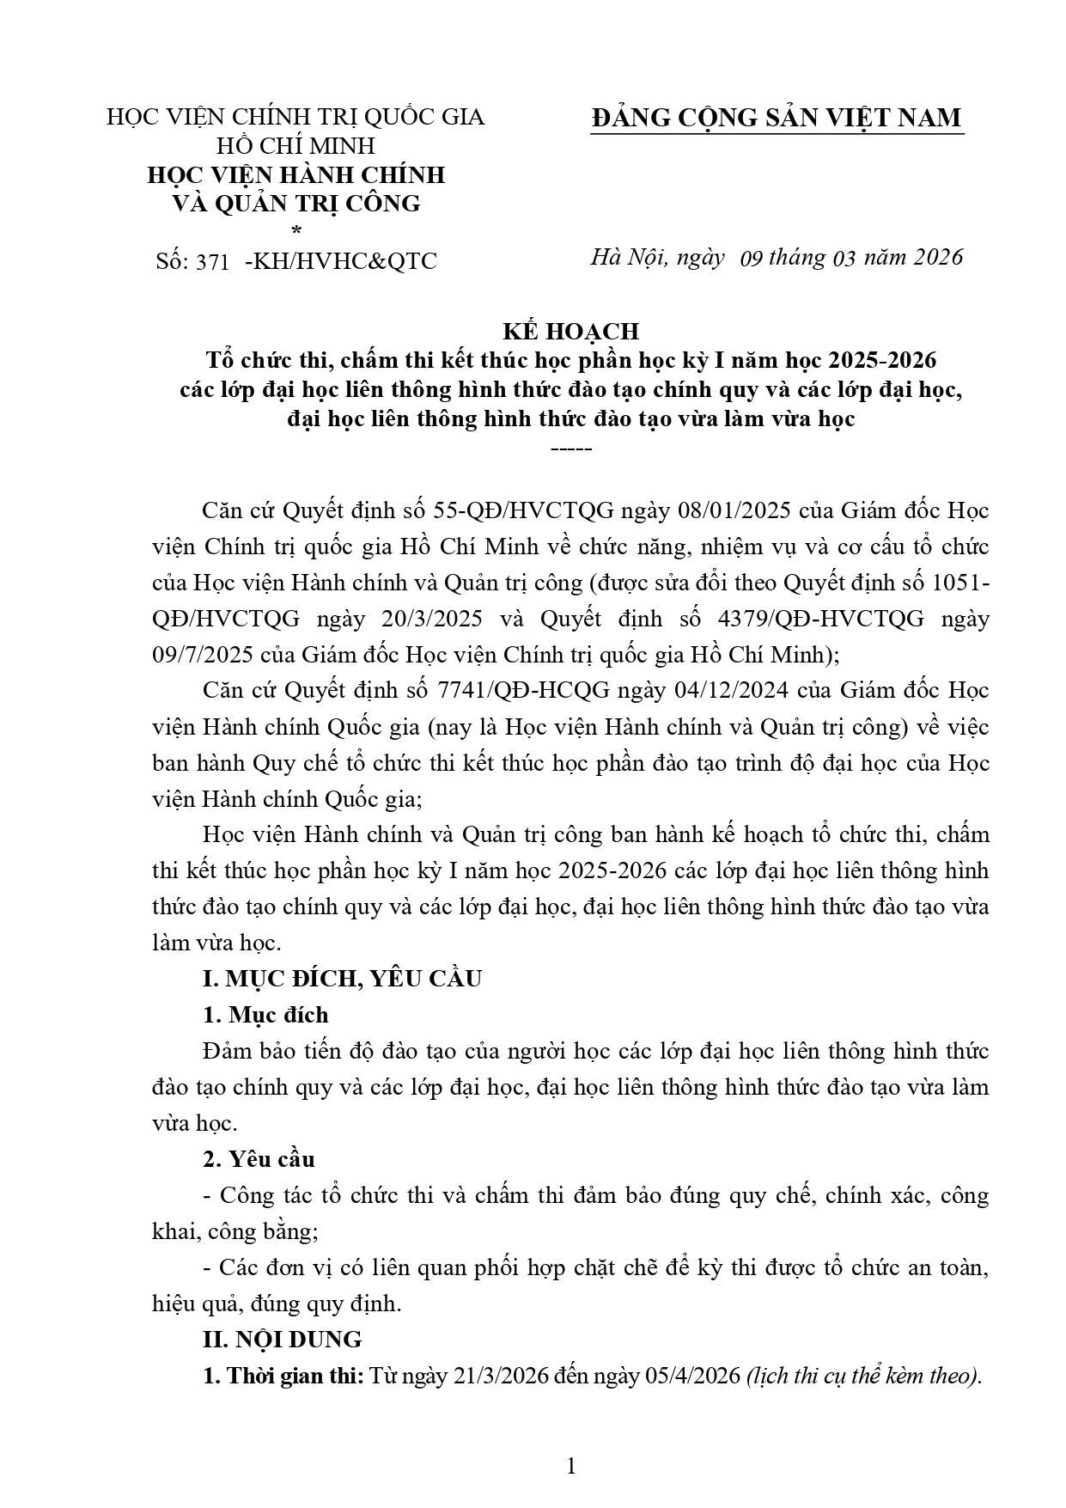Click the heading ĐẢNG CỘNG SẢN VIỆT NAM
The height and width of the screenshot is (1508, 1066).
pyautogui.click(x=777, y=118)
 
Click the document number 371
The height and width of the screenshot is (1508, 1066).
pyautogui.click(x=212, y=262)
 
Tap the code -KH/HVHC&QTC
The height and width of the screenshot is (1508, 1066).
pyautogui.click(x=341, y=261)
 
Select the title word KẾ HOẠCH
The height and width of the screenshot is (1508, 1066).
pyautogui.click(x=570, y=331)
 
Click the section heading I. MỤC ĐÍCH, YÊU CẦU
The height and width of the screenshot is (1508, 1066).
pyautogui.click(x=342, y=978)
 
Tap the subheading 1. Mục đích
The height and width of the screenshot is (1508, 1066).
pyautogui.click(x=265, y=1015)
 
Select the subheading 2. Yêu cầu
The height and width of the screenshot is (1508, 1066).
pyautogui.click(x=259, y=1159)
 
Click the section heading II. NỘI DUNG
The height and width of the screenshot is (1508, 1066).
pyautogui.click(x=282, y=1339)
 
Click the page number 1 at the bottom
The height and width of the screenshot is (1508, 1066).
pyautogui.click(x=570, y=1466)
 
